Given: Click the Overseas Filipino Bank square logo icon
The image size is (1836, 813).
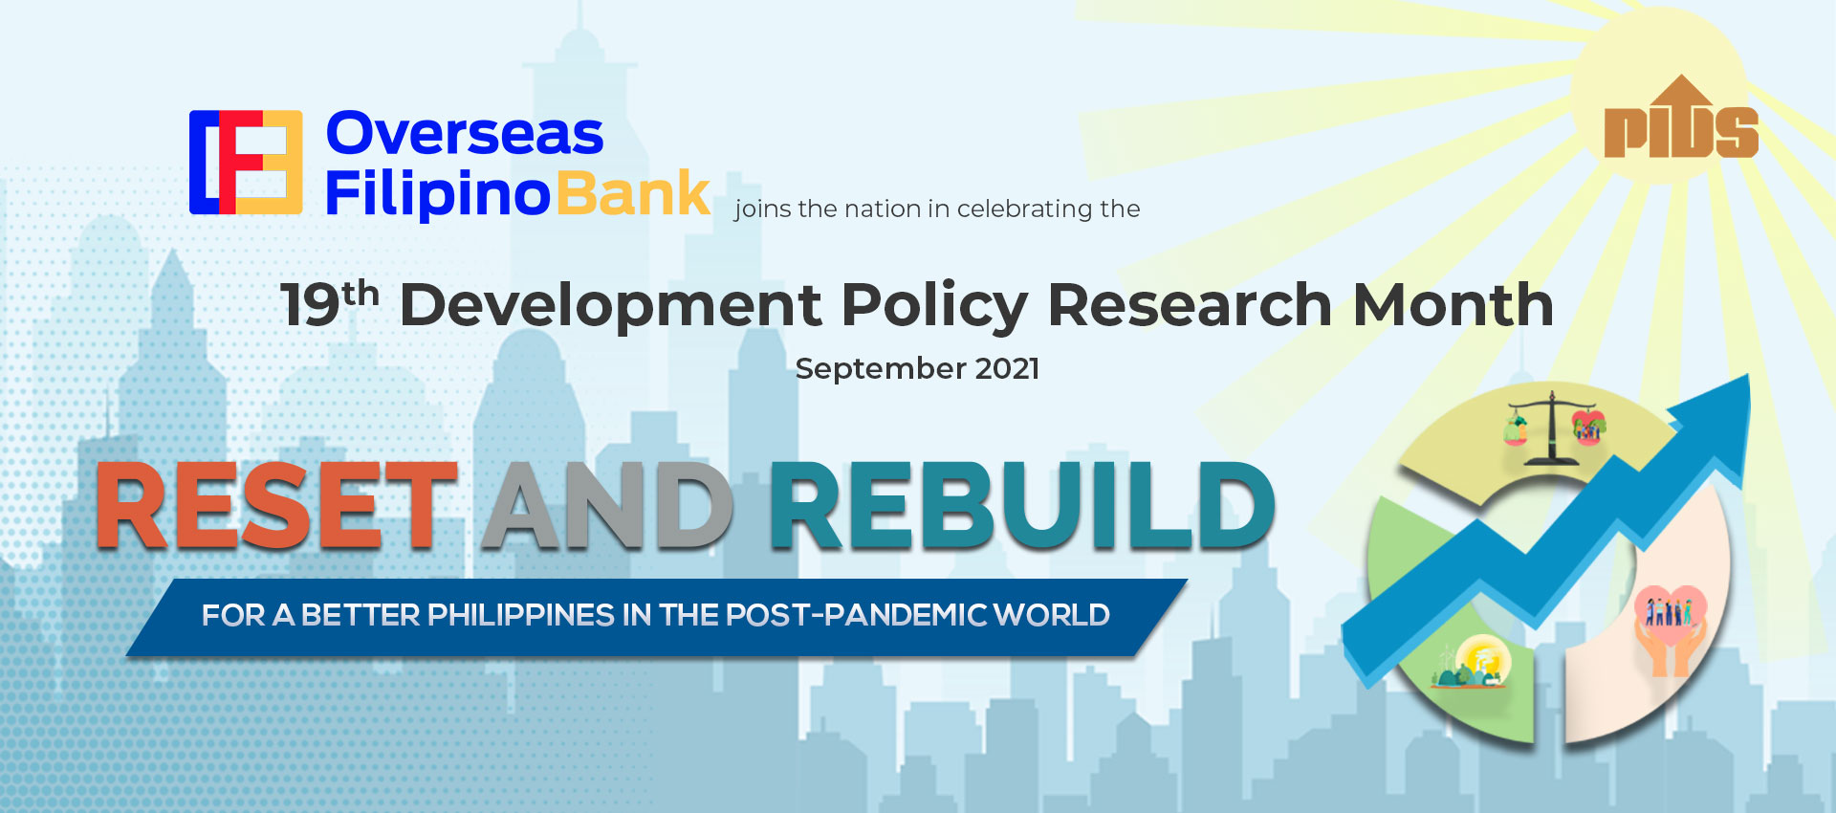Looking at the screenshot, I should click(246, 163).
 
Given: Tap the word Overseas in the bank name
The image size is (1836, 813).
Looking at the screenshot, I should click(465, 134).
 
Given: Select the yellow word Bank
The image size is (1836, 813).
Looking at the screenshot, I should click(633, 194).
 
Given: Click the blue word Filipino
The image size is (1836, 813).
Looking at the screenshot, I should click(438, 194).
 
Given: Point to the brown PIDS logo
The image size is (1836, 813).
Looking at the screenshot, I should click(1681, 121).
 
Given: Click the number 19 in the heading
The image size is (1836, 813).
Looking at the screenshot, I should click(310, 306).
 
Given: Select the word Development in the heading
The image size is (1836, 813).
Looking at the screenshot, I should click(610, 306).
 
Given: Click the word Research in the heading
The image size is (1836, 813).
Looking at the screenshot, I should click(1190, 306).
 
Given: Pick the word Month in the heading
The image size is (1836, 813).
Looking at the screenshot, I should click(1453, 306).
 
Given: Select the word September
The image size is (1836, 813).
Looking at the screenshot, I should click(881, 369).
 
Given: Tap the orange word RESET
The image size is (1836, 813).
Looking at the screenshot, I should click(276, 507).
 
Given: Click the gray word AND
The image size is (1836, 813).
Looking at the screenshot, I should click(607, 507).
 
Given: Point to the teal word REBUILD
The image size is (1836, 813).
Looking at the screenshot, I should click(1021, 507).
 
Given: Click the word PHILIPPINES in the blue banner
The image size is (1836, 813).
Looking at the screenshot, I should click(521, 615).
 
